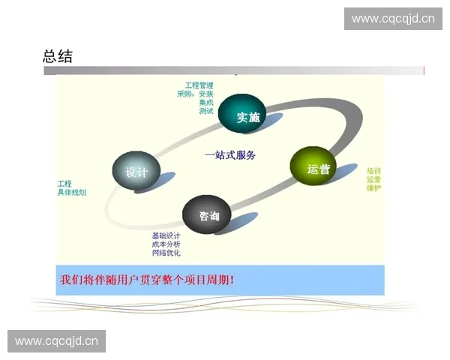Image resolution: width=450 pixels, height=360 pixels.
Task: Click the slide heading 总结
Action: pos(58,56)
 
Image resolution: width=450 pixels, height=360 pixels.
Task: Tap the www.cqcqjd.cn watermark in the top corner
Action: pos(393,18)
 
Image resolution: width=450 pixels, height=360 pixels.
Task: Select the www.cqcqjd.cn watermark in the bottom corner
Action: pos(57,341)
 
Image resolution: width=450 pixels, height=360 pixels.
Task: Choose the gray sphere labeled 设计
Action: pos(136,171)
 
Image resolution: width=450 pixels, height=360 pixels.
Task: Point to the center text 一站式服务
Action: pos(230,155)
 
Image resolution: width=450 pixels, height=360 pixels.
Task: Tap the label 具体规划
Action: pos(72,193)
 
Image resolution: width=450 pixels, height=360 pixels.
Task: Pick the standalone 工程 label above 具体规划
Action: pos(64,184)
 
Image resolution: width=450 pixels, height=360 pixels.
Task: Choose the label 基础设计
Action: pos(166,235)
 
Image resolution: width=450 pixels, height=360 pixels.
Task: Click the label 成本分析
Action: pos(166,244)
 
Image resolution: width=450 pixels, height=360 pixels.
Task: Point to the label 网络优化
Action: pos(166,253)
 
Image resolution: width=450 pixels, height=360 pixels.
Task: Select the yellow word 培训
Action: pos(373,170)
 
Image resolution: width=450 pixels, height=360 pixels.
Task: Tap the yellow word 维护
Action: pos(373,188)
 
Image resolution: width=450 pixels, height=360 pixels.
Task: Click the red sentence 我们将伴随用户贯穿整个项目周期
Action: pos(147,280)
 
